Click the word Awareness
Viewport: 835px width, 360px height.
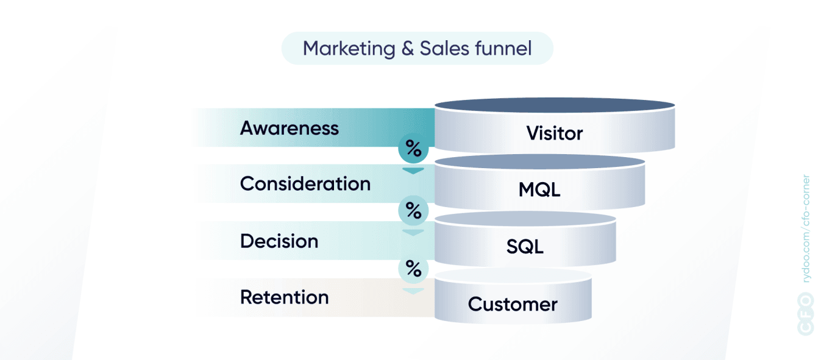290,128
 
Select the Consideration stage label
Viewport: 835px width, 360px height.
305,183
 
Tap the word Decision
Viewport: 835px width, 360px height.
279,241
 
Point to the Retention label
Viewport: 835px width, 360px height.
284,297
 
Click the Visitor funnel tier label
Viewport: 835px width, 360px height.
555,133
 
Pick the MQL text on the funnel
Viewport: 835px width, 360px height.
539,189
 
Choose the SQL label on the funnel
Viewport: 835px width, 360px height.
525,247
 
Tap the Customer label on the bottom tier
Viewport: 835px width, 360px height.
513,304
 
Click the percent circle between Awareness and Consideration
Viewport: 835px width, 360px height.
413,149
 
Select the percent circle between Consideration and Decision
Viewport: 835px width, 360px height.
413,211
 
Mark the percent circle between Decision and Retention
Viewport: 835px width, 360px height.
413,269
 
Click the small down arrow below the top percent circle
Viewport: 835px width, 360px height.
413,171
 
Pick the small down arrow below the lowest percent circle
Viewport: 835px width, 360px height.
413,291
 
